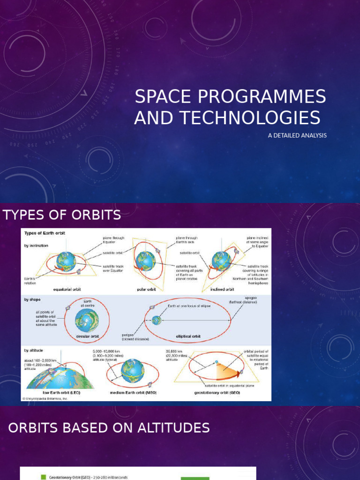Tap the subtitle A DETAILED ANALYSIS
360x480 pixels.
tap(297, 135)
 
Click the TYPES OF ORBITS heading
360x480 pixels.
tap(61, 215)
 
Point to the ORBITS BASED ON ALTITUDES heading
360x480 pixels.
tap(109, 427)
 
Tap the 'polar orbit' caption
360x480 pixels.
tap(146, 289)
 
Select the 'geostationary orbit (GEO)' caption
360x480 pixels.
tap(217, 392)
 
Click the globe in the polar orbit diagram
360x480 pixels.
tap(146, 261)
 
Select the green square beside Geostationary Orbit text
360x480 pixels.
tap(43, 477)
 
